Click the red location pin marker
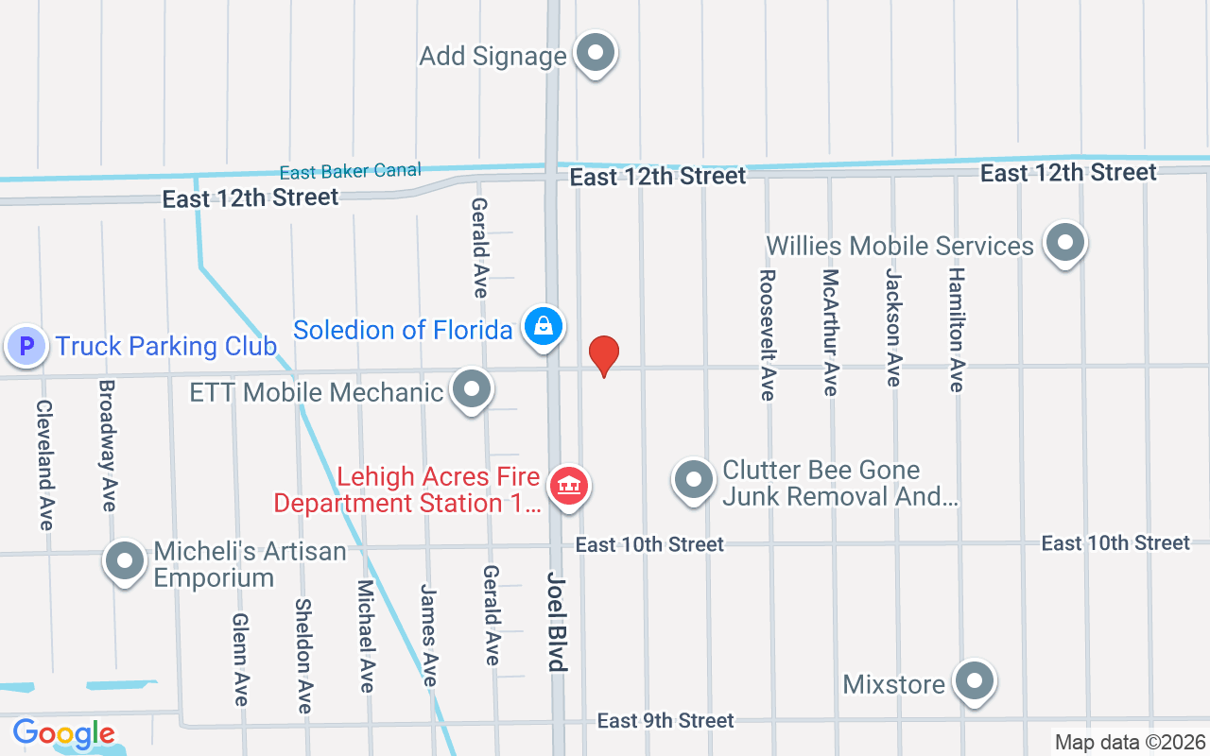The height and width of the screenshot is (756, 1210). coord(603,355)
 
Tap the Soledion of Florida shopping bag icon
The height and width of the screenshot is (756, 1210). coord(544,327)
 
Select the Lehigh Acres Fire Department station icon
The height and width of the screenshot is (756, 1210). coord(569,488)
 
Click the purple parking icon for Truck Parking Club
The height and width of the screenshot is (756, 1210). coord(26,346)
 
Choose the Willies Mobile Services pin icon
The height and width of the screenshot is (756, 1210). coord(1065,243)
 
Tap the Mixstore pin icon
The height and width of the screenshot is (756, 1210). coord(974,681)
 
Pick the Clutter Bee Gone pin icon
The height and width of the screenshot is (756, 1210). coord(695,480)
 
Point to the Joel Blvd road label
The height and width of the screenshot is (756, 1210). coord(557,621)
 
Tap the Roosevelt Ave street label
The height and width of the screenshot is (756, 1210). coord(768,335)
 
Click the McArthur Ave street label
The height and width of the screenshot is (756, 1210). coord(830,332)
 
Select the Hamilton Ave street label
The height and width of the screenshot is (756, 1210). coord(957,329)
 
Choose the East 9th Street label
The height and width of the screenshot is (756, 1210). coord(665,721)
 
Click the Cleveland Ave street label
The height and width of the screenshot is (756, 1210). coord(44,464)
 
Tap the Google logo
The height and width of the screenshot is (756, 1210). coord(63,733)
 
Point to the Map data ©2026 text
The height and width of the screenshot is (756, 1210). coord(1131,743)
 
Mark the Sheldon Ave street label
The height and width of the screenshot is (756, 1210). coord(303,655)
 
